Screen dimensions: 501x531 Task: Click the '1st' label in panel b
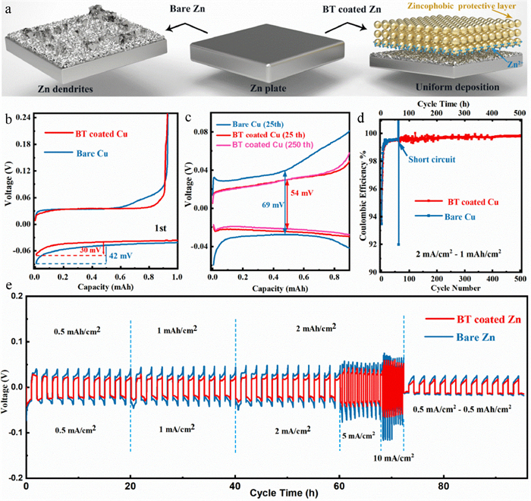tap(150, 228)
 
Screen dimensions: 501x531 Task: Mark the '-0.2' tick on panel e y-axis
tap(14, 477)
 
